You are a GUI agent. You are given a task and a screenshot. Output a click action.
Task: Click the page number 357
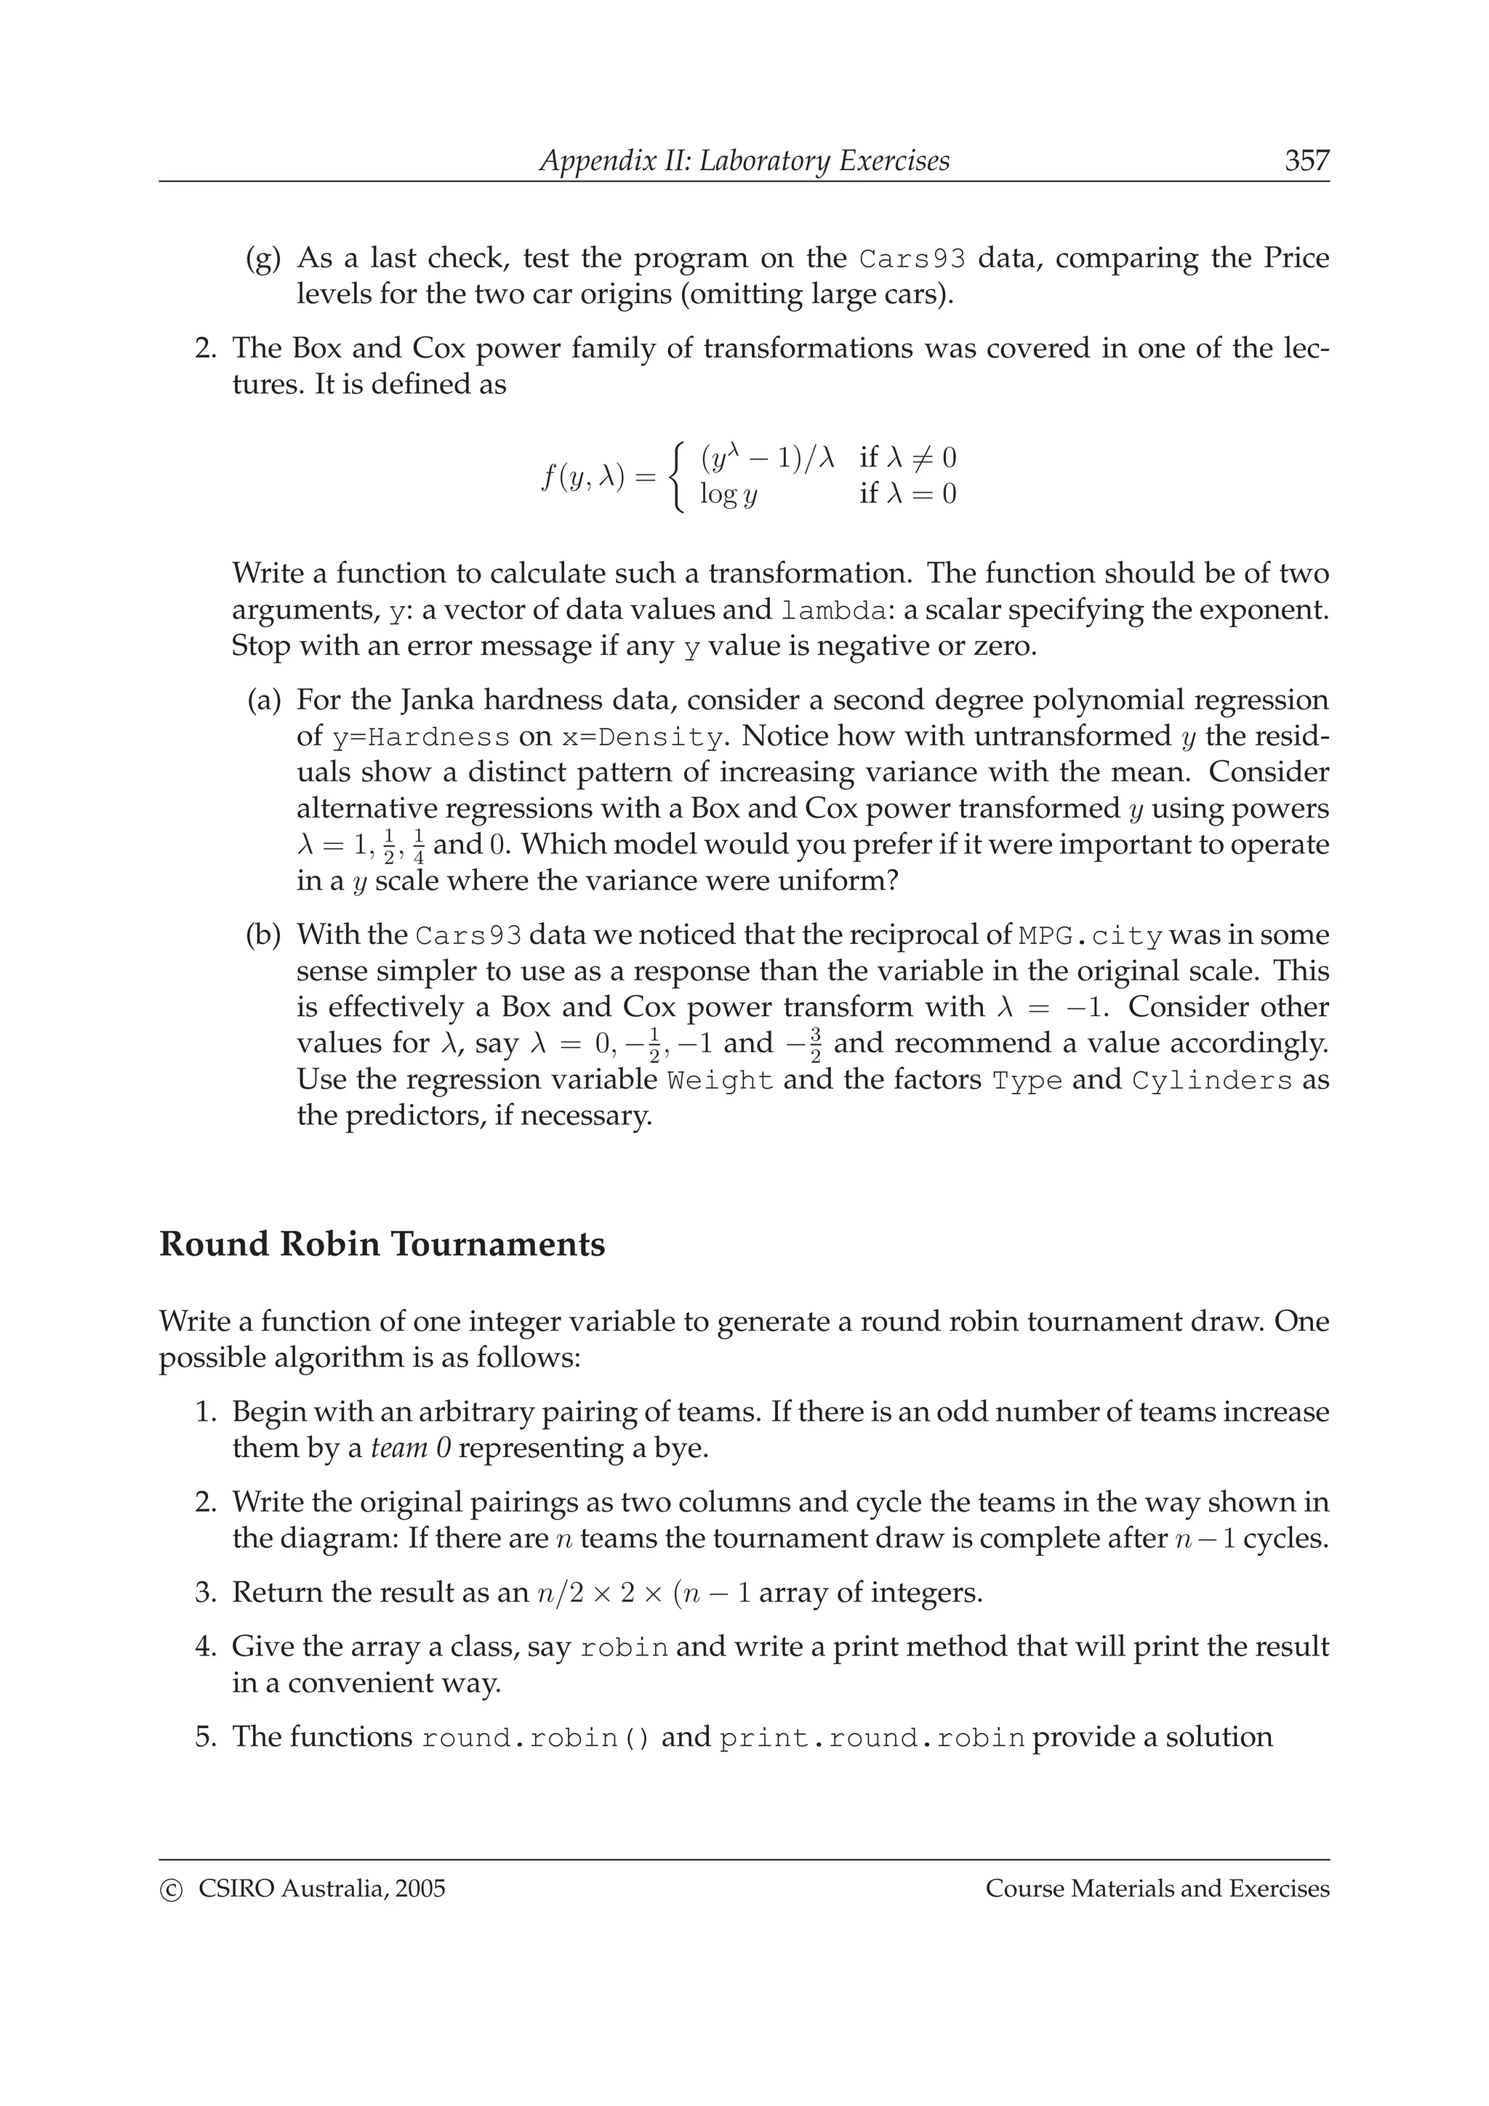click(x=1306, y=161)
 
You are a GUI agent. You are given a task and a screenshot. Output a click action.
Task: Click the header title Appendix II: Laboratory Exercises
click(x=744, y=161)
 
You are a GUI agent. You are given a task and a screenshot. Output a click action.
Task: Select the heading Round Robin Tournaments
click(x=382, y=1245)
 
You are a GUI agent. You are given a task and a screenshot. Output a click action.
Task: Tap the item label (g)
click(x=263, y=259)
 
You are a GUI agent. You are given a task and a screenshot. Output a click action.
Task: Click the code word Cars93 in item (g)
click(x=912, y=259)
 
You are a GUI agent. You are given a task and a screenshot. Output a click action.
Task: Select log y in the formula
click(x=729, y=496)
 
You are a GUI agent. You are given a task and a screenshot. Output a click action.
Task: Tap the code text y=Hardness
click(x=420, y=738)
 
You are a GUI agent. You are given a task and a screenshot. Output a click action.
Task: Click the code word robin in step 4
click(x=624, y=1648)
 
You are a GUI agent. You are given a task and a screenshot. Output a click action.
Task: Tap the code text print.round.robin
click(x=872, y=1739)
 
